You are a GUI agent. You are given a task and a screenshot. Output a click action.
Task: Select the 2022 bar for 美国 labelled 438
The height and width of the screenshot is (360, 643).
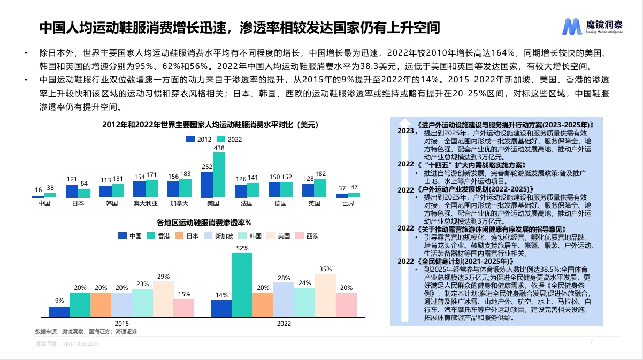[219, 175]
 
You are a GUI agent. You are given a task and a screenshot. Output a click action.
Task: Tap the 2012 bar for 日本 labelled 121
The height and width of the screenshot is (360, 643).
[72, 191]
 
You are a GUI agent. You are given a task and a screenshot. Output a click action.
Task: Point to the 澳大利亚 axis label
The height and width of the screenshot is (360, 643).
[146, 204]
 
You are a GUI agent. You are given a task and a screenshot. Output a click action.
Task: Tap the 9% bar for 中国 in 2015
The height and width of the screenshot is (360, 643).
[59, 311]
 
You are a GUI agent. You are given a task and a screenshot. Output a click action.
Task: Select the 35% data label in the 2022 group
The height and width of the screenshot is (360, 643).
[325, 269]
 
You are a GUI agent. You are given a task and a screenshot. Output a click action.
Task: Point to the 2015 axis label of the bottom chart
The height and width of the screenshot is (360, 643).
[121, 324]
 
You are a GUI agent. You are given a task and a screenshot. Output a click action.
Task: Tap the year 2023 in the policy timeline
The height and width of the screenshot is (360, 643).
[406, 131]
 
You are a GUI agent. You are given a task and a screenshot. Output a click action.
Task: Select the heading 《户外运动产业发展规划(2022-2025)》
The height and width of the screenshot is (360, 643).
[475, 190]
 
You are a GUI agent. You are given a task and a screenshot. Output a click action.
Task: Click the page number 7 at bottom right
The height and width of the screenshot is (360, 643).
[591, 342]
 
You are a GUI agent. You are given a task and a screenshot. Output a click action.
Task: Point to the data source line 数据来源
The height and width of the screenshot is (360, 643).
[86, 332]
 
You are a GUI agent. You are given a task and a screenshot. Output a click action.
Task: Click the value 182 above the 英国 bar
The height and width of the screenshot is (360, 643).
[320, 174]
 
